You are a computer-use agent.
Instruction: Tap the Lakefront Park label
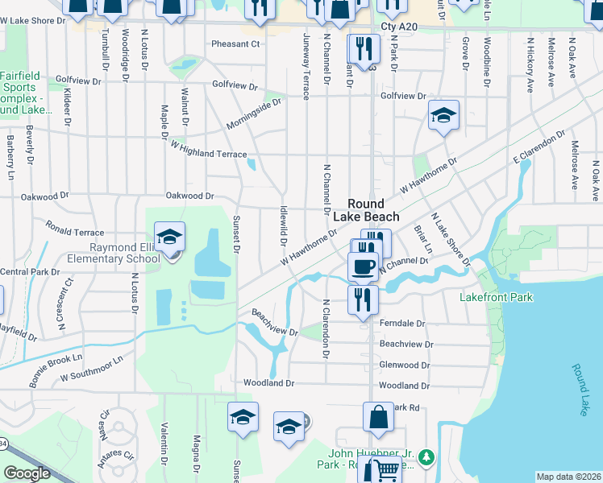(497, 297)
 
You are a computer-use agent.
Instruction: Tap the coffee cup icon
(363, 266)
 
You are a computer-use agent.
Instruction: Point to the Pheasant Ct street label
(236, 44)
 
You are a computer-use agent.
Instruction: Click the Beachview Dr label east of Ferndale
(406, 344)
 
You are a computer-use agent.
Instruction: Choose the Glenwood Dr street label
(405, 365)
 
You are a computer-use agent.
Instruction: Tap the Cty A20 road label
(401, 27)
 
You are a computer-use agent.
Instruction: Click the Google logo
(27, 473)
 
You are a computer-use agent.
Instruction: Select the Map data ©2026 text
(568, 477)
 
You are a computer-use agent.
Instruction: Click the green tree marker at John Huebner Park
(426, 458)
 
